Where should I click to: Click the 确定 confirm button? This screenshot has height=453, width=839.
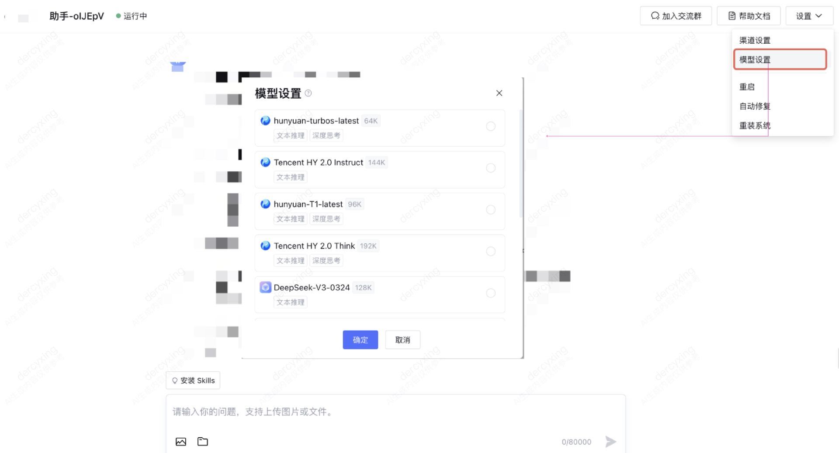(360, 340)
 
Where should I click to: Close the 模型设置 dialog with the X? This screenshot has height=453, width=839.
(499, 93)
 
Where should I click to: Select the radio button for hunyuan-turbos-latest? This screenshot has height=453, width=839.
(491, 127)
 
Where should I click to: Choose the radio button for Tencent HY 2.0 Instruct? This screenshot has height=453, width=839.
(491, 168)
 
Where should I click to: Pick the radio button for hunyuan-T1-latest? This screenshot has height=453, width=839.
(491, 210)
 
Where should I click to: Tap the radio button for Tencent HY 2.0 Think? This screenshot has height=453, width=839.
(491, 252)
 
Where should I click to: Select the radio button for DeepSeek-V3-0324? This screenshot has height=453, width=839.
(491, 293)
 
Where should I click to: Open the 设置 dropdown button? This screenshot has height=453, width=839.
(809, 16)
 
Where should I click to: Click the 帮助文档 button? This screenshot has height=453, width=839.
(749, 16)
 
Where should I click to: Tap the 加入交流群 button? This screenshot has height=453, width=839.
(676, 16)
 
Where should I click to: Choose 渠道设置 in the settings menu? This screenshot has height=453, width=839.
(755, 40)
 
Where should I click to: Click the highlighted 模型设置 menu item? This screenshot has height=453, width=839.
(755, 60)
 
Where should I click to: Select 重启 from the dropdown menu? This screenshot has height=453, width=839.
(747, 87)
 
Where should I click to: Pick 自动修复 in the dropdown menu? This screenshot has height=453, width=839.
(755, 106)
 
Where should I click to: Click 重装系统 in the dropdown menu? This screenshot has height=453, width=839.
(755, 126)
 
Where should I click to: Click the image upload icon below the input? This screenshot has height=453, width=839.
(181, 442)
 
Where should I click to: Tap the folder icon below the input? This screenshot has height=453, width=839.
(203, 442)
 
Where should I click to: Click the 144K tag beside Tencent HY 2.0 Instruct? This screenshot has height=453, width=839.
(376, 163)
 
